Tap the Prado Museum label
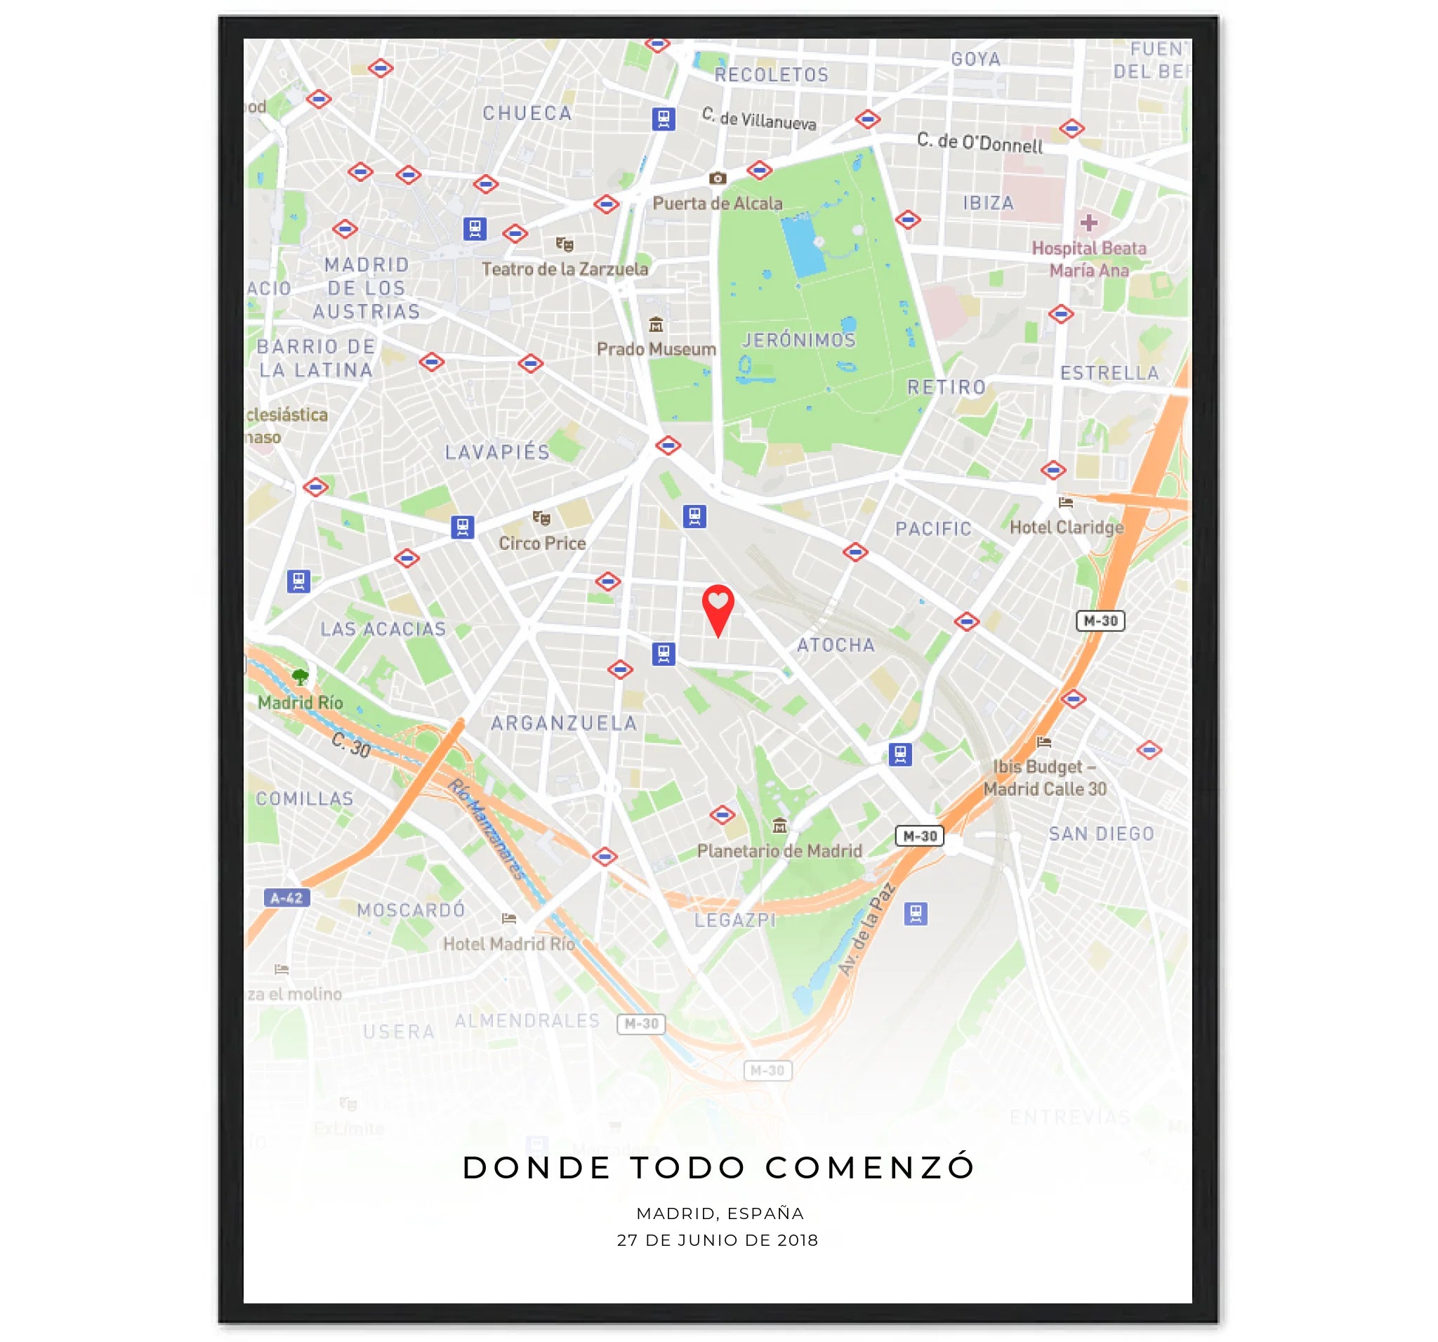click(x=656, y=349)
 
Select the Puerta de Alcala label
click(x=717, y=203)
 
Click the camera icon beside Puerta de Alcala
click(x=717, y=178)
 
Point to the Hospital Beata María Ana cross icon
click(x=1088, y=223)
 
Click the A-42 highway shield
click(x=287, y=897)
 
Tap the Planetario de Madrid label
click(x=779, y=851)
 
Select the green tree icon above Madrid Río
click(x=301, y=677)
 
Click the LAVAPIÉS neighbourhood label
click(x=497, y=452)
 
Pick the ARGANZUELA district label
click(x=565, y=723)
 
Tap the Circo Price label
click(x=542, y=544)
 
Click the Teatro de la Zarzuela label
click(x=565, y=269)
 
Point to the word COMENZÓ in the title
click(x=870, y=1168)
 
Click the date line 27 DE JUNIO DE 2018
click(x=718, y=1240)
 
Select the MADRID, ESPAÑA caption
click(x=720, y=1213)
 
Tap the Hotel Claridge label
click(x=1066, y=527)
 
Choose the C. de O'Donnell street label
click(x=979, y=143)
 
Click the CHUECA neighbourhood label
click(x=527, y=114)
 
